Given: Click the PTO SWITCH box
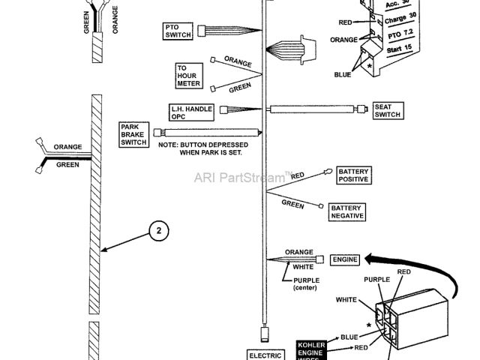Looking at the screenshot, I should [178, 31].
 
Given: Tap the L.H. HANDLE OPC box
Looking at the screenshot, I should [190, 112].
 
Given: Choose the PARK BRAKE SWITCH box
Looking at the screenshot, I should [134, 134].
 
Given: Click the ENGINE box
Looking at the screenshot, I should [346, 259].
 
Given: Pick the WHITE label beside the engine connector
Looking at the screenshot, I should [347, 301].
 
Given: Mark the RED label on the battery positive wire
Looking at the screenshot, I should [297, 176].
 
